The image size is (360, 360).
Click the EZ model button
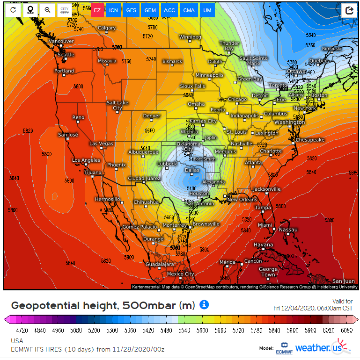click(97, 10)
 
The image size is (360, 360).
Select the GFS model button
click(132, 10)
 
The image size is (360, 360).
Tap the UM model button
click(206, 10)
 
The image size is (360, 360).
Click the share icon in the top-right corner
click(349, 10)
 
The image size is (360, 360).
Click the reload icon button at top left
click(13, 10)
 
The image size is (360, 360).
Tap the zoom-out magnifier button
click(47, 10)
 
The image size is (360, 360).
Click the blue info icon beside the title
click(204, 305)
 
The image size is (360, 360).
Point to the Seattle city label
click(66, 55)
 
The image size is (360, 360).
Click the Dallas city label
click(192, 171)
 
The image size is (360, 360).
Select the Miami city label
click(264, 225)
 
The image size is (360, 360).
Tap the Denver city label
click(151, 115)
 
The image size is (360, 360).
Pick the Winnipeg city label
click(190, 37)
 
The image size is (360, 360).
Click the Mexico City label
click(180, 274)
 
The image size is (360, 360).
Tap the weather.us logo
click(322, 347)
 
